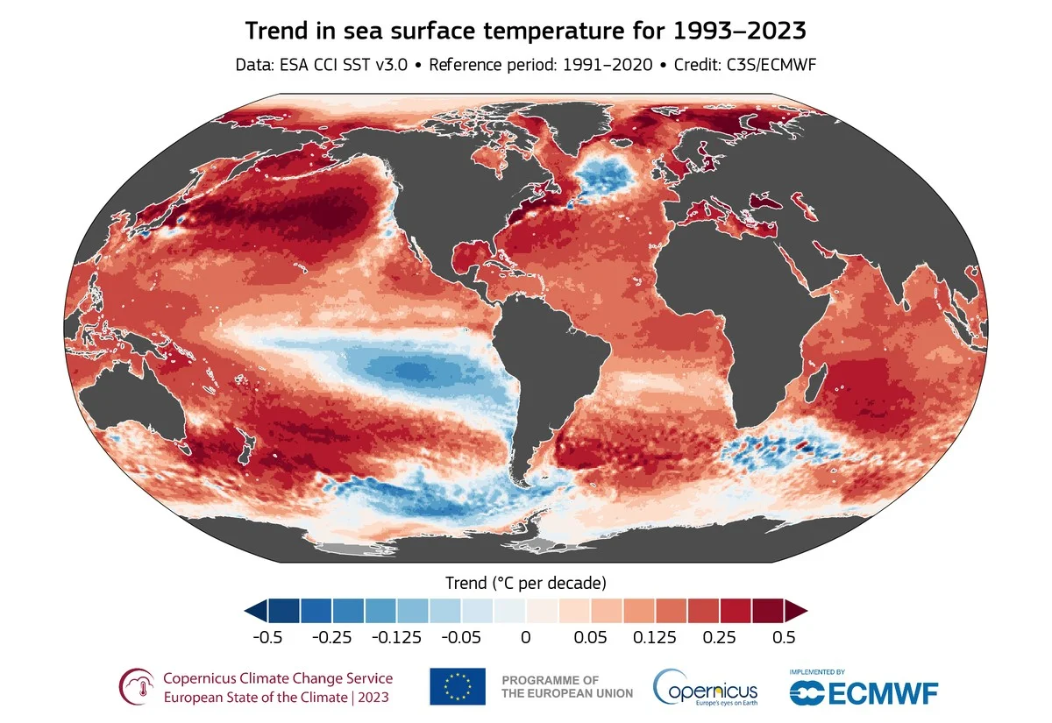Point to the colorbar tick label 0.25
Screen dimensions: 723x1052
point(719,637)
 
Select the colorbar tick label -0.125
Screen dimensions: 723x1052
point(396,637)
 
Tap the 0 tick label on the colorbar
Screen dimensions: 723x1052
point(525,637)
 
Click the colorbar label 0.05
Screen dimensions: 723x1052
point(590,637)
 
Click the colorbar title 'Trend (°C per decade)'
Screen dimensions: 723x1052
point(525,582)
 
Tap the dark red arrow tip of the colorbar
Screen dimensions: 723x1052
point(797,610)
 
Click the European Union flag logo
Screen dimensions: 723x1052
point(457,685)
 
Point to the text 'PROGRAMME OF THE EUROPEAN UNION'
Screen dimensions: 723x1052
point(566,686)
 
